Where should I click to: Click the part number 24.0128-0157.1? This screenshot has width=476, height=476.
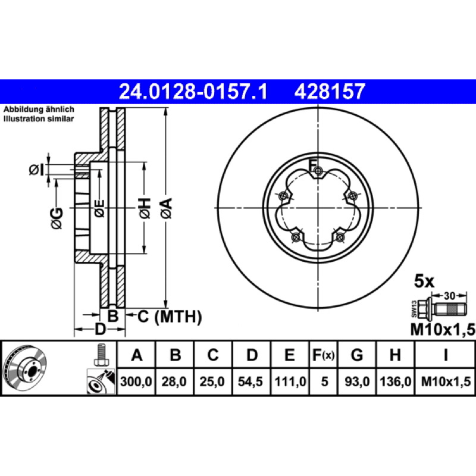click(193, 92)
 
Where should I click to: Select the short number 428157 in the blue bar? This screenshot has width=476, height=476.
click(330, 92)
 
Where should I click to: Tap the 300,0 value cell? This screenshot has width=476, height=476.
click(136, 381)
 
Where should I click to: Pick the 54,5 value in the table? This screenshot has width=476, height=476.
click(250, 381)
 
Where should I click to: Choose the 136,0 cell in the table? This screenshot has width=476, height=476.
click(396, 381)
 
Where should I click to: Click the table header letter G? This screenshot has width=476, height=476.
click(357, 355)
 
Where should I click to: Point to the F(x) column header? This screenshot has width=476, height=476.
click(324, 355)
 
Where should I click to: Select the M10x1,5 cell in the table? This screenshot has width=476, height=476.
click(446, 381)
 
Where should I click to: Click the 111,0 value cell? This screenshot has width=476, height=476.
click(290, 381)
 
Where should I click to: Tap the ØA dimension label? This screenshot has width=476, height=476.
click(167, 208)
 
